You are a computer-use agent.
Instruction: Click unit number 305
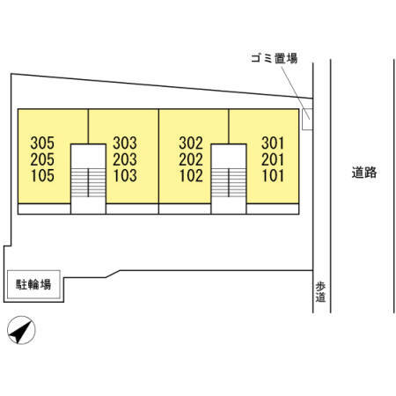[42, 143]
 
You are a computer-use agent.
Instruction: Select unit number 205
[42, 159]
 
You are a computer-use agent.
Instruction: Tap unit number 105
[42, 176]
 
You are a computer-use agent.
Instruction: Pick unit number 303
[125, 143]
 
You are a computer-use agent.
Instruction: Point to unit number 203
[125, 159]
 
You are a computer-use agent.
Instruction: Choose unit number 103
[125, 176]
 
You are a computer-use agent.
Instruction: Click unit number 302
[191, 143]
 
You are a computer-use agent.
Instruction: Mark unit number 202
[191, 159]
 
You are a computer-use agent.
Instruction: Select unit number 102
[191, 176]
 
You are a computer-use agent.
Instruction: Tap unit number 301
[273, 143]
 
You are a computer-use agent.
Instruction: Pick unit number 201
[273, 159]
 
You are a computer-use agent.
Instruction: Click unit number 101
[273, 176]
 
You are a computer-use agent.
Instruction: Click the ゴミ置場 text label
[275, 58]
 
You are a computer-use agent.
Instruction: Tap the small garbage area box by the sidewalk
[307, 119]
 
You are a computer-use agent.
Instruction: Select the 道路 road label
[364, 172]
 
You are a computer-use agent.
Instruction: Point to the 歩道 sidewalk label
[320, 292]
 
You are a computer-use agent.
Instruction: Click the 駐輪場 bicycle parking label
[33, 284]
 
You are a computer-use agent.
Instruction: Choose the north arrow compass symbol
[21, 330]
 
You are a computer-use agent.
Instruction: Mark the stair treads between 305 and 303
[88, 182]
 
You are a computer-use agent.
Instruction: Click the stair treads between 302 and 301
[229, 182]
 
